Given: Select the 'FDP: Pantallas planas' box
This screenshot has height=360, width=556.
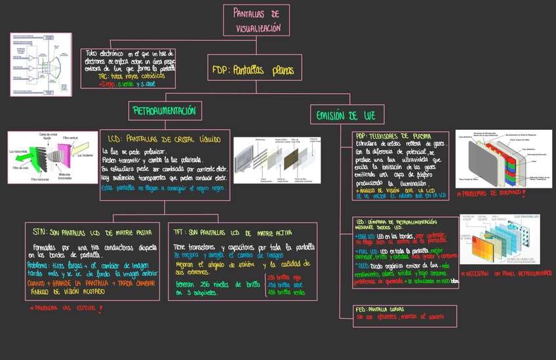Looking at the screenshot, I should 253,69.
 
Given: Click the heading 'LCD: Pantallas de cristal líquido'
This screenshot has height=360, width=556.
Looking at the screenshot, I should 165,139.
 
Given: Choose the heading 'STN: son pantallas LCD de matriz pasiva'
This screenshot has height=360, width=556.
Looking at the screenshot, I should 92,232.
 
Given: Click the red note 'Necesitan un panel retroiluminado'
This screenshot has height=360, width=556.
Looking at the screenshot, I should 506,273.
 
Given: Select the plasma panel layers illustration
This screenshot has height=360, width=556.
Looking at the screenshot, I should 498,157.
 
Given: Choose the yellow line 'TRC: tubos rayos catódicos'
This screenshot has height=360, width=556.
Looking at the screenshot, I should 127,76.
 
